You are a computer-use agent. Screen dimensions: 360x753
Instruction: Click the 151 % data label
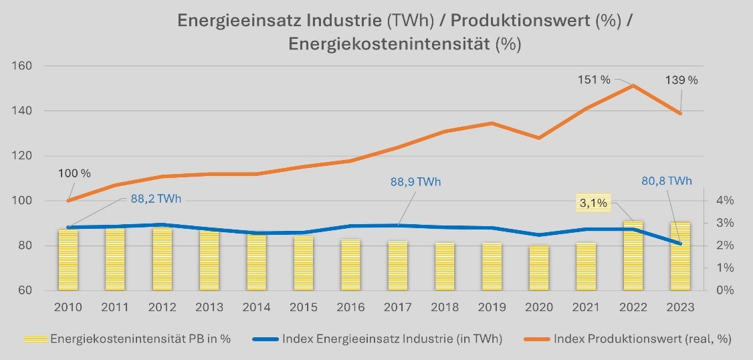(595, 80)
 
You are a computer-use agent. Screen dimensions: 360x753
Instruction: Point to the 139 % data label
(681, 80)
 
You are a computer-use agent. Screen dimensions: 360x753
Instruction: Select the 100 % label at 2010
(74, 173)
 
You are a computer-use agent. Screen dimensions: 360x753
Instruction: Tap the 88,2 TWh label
(155, 199)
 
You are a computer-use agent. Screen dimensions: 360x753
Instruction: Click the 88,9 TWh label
(415, 182)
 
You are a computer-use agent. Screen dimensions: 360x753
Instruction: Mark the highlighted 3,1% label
(593, 203)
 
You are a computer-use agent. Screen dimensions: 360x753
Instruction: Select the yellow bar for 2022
(633, 258)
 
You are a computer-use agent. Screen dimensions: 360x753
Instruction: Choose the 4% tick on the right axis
(725, 201)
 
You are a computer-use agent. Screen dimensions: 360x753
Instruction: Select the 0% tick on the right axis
(725, 290)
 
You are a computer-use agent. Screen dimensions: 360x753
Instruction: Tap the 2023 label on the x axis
(681, 307)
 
